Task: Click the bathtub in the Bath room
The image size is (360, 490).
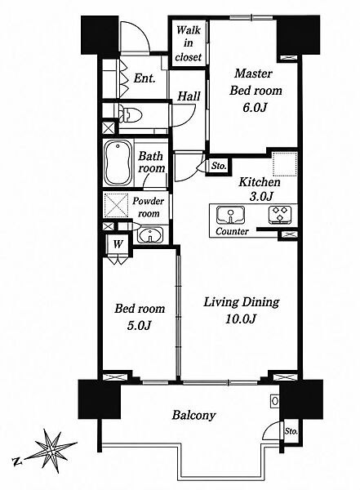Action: [118, 163]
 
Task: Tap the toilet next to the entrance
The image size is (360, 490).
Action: [131, 114]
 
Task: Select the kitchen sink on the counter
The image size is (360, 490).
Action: [231, 215]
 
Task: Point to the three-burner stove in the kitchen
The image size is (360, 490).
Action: [280, 215]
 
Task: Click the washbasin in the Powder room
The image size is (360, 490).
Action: [150, 235]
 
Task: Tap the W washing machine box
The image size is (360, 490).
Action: [118, 243]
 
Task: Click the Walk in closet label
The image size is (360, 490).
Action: [189, 43]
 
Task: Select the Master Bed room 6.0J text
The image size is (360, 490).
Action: [256, 91]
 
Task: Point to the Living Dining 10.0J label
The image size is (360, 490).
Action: [242, 310]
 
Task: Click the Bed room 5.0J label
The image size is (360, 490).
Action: [140, 317]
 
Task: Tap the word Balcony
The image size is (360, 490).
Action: [194, 416]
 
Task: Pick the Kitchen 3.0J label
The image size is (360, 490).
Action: [260, 189]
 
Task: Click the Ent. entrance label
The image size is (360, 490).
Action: [144, 78]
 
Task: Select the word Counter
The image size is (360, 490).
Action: [232, 232]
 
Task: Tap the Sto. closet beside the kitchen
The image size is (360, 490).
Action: [219, 166]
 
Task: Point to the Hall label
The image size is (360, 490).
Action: [189, 96]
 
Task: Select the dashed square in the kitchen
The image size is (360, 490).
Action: [285, 164]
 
